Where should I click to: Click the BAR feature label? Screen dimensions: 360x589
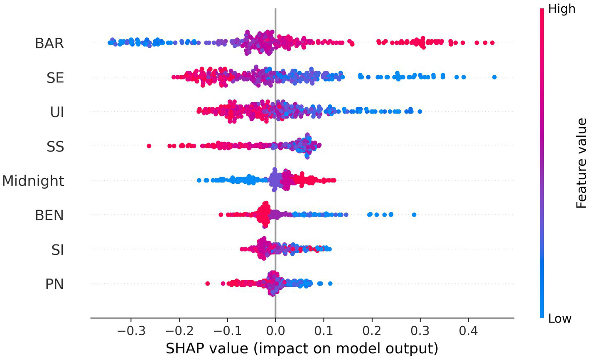pos(49,43)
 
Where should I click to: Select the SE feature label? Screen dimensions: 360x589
pos(55,78)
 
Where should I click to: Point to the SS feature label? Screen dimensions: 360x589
pos(55,146)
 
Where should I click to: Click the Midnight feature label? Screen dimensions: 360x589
pos(33,181)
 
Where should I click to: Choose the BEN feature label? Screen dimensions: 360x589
pos(49,215)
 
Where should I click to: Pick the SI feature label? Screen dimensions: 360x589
pos(57,250)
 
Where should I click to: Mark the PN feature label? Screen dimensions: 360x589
pos(54,284)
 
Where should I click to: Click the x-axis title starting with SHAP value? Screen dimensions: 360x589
pos(302,348)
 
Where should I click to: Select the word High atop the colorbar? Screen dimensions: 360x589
pos(562,9)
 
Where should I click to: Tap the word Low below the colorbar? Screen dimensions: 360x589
pos(560,318)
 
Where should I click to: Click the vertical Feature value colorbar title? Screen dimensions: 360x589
pos(582,163)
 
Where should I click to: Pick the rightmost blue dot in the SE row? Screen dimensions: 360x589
pos(494,77)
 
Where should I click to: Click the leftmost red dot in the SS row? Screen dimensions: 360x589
pos(149,146)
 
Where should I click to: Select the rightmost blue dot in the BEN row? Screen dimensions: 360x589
pos(414,215)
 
